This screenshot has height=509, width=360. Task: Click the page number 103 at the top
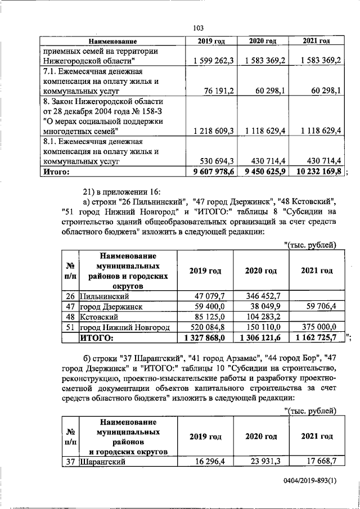(197, 28)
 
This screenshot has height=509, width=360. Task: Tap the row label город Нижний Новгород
(124, 327)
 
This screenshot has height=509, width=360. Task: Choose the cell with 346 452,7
(260, 296)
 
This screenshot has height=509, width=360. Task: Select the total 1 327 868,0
(205, 338)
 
